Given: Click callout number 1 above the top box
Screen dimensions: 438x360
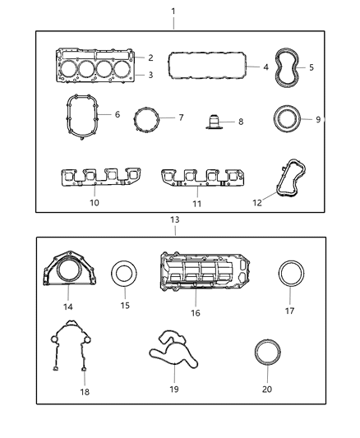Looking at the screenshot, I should [x=173, y=11].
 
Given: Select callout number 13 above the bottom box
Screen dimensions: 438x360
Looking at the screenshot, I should [x=175, y=220].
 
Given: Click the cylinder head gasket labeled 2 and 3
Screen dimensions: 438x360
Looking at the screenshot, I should [x=94, y=67].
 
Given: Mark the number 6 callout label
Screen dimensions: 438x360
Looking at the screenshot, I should [x=118, y=115].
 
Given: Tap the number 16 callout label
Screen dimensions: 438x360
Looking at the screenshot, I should [x=196, y=313].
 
